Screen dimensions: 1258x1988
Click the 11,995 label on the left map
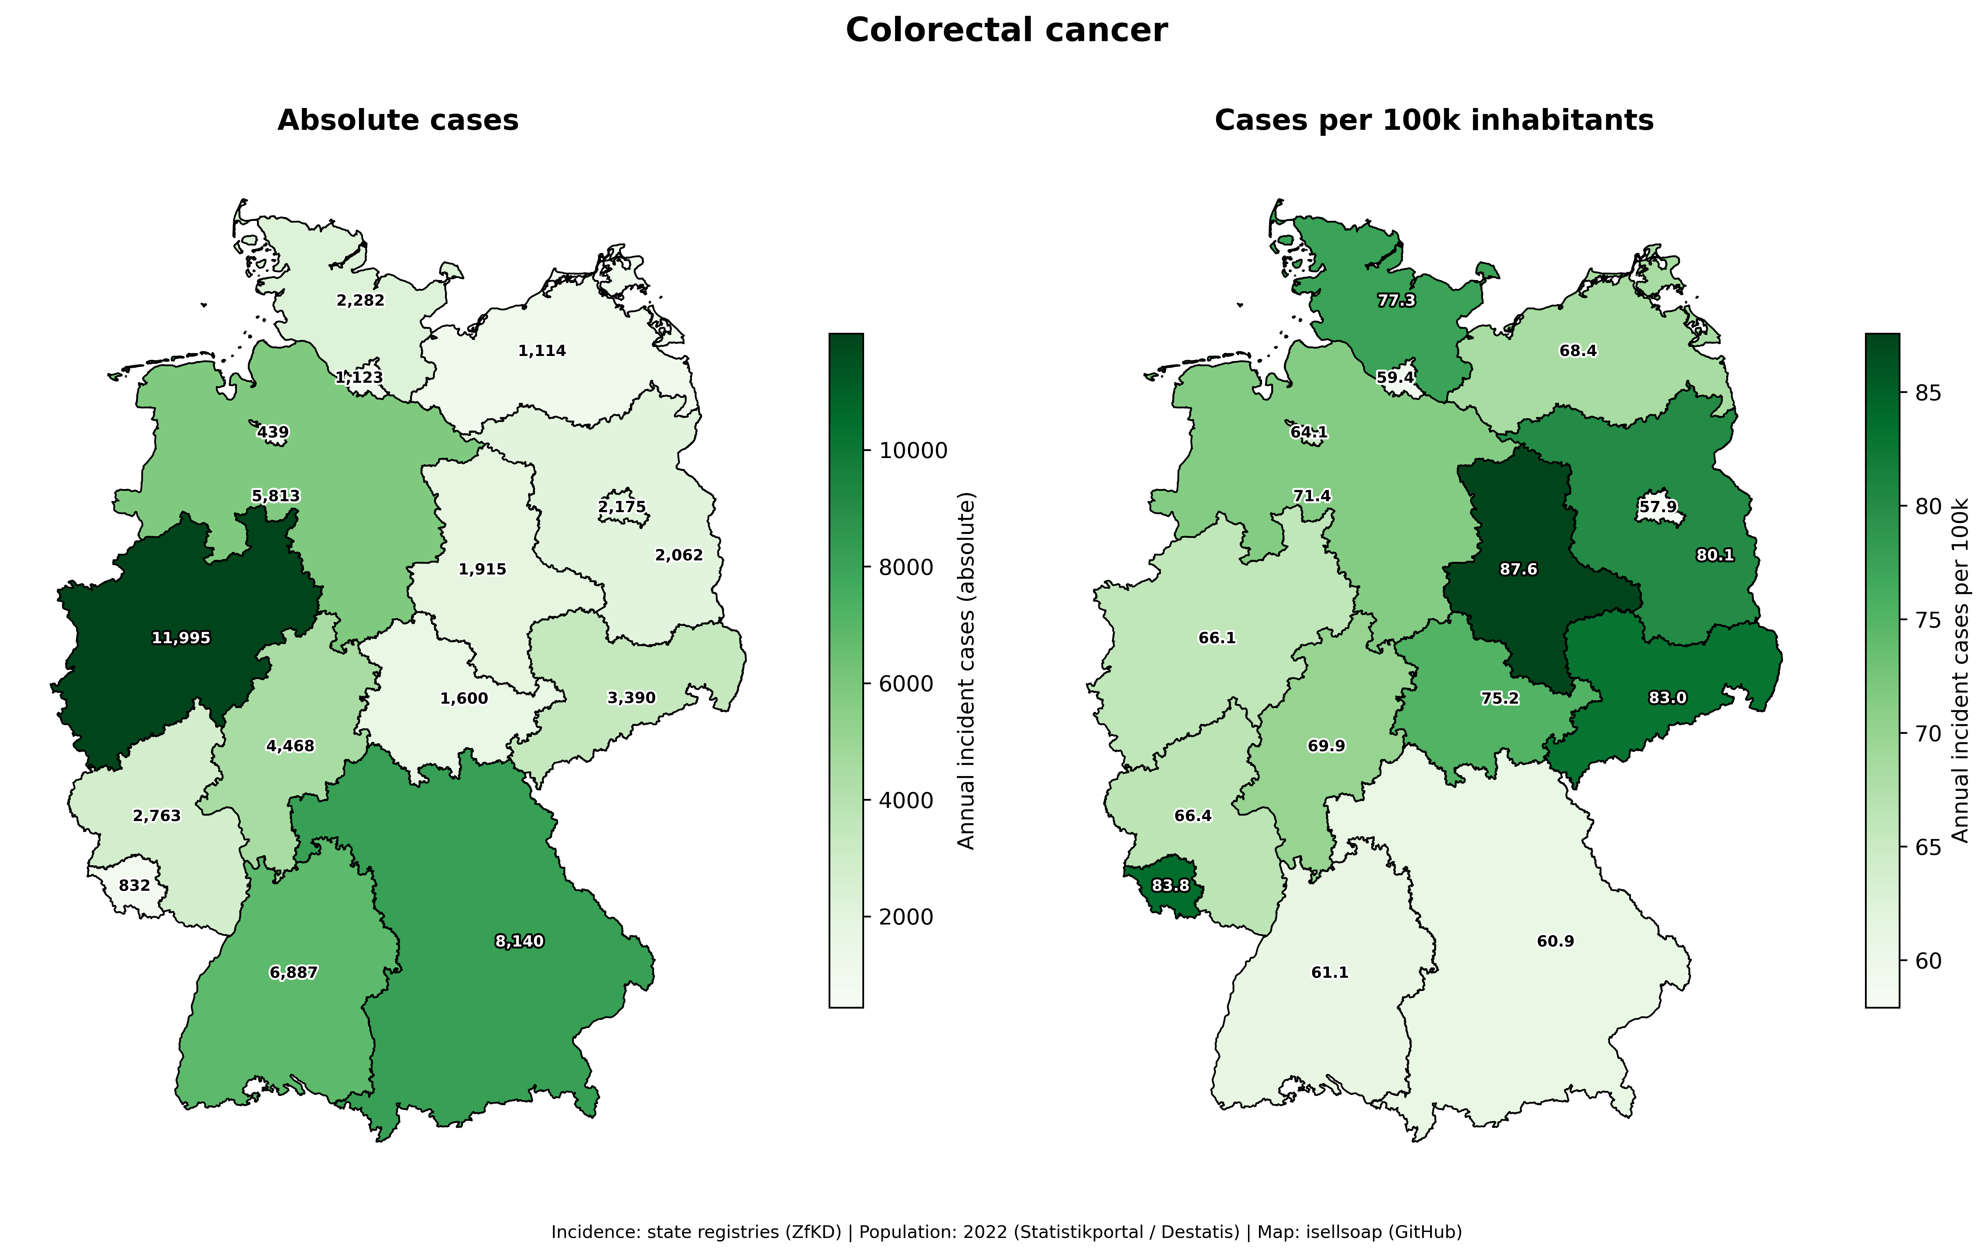tap(181, 638)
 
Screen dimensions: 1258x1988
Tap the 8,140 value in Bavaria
tap(519, 941)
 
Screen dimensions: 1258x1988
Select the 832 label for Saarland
tap(135, 885)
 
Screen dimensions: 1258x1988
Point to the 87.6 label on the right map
tap(1518, 569)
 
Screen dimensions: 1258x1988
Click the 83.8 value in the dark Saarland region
tap(1171, 885)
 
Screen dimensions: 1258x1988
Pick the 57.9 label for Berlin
tap(1658, 506)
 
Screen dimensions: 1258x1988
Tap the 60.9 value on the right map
tap(1555, 941)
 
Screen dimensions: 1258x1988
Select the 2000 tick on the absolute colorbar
tap(906, 917)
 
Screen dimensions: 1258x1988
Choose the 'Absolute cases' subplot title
tap(398, 121)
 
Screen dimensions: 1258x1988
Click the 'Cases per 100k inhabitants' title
tap(1434, 121)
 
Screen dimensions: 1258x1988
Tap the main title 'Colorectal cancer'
tap(1006, 31)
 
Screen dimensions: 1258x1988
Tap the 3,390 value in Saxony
tap(632, 698)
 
